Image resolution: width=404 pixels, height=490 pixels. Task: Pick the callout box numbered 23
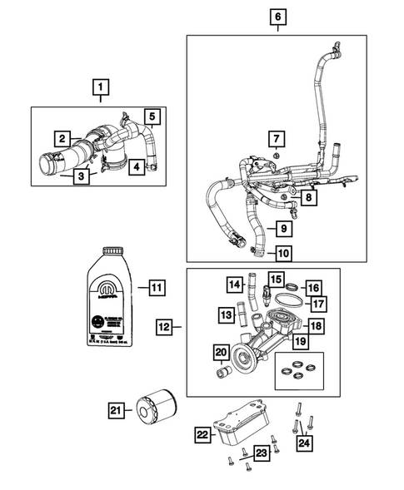click(x=262, y=453)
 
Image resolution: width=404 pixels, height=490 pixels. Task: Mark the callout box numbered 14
click(x=235, y=285)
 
